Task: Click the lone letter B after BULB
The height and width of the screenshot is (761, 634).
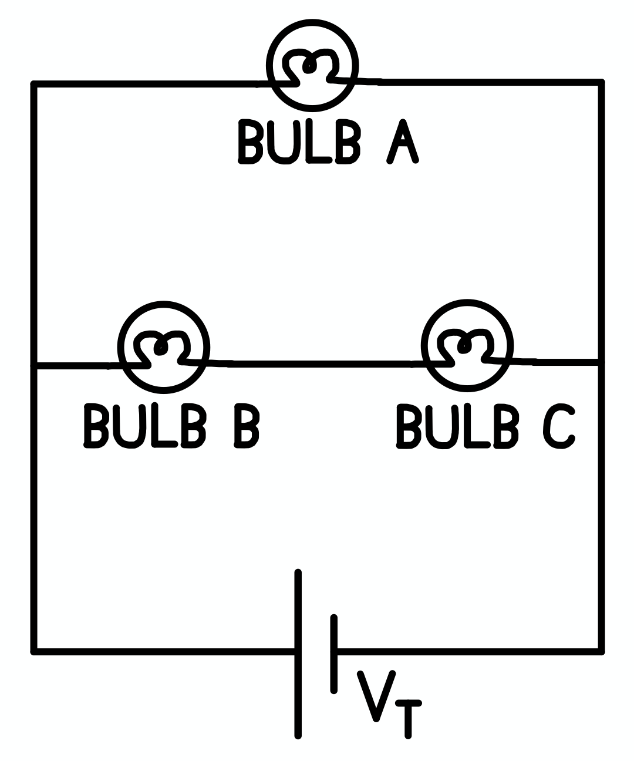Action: pos(247,426)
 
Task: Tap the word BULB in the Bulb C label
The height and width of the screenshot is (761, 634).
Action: pos(458,426)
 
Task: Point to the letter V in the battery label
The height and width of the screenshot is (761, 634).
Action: pos(376,695)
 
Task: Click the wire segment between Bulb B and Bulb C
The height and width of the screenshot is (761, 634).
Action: pos(320,365)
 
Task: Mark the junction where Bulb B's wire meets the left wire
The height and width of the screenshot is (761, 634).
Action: pos(34,366)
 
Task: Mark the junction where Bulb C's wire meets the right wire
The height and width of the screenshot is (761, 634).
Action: pos(601,362)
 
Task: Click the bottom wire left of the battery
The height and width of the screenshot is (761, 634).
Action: pos(164,651)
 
